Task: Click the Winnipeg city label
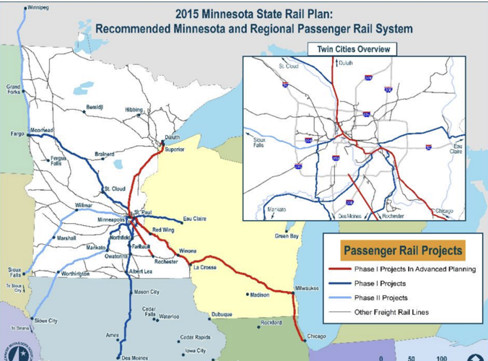coord(40,9)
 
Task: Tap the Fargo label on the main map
coord(17,134)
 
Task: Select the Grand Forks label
coord(14,89)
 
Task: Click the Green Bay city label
coord(286,236)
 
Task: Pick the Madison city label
coord(260,295)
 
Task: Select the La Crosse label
coord(204,268)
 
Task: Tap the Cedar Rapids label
coord(195,336)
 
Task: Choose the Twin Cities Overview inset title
coord(352,49)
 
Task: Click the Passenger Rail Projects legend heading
coord(403,251)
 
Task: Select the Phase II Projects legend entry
coord(380,297)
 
